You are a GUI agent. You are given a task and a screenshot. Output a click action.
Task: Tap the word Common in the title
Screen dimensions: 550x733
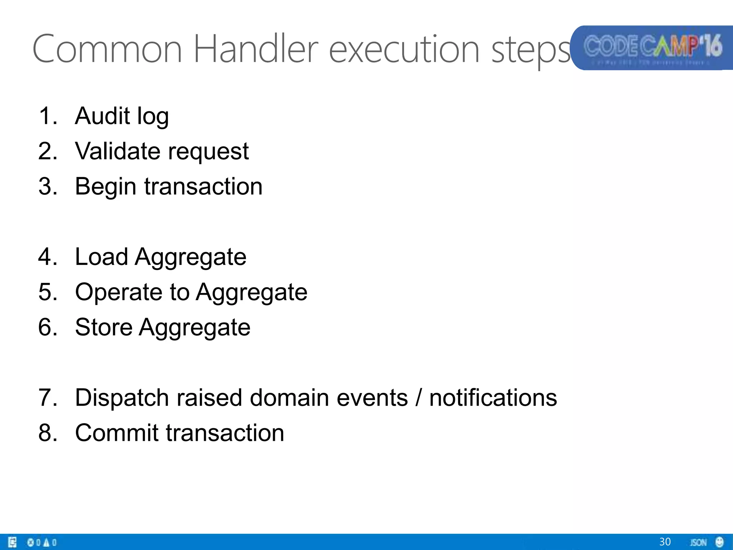(x=107, y=49)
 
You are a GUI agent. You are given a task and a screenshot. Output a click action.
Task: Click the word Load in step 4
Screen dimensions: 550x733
(x=102, y=257)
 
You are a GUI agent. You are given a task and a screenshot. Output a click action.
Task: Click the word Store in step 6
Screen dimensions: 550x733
(x=104, y=327)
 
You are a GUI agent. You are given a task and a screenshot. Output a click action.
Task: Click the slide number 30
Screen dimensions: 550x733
(x=665, y=542)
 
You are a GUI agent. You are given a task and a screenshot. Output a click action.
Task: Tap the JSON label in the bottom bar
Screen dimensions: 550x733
(x=698, y=542)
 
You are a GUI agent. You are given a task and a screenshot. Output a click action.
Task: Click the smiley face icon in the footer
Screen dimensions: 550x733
(x=719, y=542)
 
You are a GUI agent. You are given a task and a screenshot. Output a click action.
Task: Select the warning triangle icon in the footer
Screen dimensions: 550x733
(x=46, y=542)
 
